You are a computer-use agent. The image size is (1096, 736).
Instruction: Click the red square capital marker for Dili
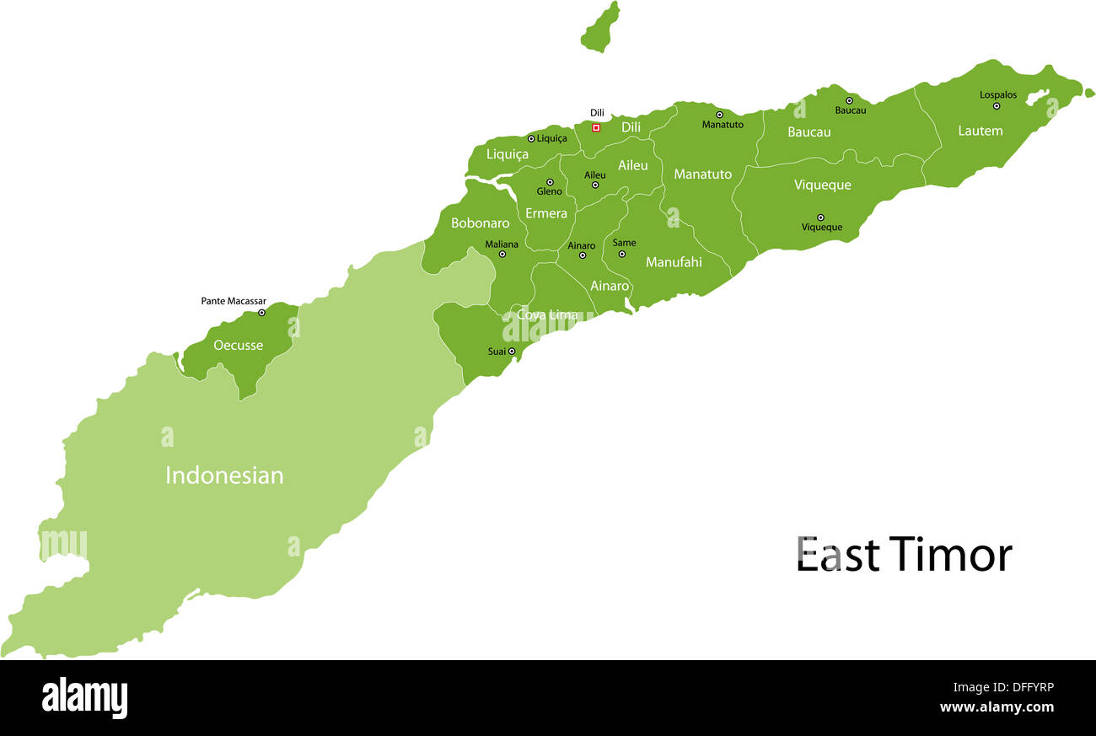596,128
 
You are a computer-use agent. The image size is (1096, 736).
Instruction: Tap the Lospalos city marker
996,106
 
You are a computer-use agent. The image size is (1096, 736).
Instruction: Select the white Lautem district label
980,131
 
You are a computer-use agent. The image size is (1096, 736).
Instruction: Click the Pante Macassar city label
234,301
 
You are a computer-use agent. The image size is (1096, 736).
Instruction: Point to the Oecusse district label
238,345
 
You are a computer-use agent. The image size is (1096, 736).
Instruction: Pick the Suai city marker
511,352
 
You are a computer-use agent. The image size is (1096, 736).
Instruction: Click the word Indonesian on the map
224,475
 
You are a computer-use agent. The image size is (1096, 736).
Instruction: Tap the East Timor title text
904,555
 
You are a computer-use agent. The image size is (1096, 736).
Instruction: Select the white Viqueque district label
822,185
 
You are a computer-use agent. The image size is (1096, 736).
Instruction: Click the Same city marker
622,254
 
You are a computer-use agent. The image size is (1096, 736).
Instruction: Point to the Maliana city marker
502,254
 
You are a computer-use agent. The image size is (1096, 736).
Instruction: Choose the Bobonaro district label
480,223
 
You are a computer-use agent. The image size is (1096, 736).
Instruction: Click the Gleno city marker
550,182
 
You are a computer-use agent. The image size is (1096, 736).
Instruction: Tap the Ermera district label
546,213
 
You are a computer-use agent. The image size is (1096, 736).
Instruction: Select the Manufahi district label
674,262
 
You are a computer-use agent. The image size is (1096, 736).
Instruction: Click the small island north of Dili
600,27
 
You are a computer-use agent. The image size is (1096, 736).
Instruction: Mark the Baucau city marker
849,100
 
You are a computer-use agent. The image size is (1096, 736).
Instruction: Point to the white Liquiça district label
508,154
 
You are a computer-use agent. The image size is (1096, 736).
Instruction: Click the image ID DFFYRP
1023,687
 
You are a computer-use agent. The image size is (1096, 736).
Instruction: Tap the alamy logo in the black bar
84,697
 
